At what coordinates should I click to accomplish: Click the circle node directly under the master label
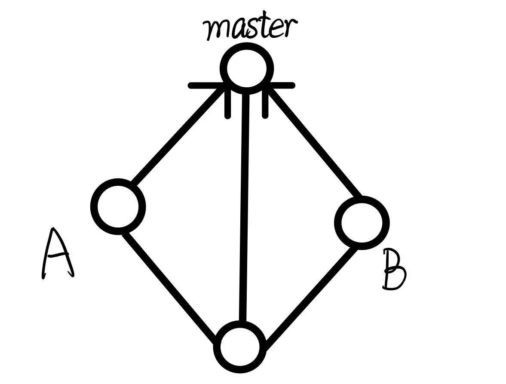tap(246, 68)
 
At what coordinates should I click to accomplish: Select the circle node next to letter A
tap(118, 207)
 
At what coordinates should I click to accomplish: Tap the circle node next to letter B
tap(362, 223)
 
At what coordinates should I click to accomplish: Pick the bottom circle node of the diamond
tap(239, 347)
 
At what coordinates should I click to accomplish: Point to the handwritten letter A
tap(57, 254)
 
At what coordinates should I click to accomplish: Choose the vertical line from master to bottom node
tap(244, 206)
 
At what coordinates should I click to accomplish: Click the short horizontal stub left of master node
tap(204, 86)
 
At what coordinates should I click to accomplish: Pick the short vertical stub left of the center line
tap(227, 105)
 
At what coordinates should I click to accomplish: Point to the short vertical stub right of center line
tap(265, 105)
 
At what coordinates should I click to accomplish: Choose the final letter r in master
tap(291, 28)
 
